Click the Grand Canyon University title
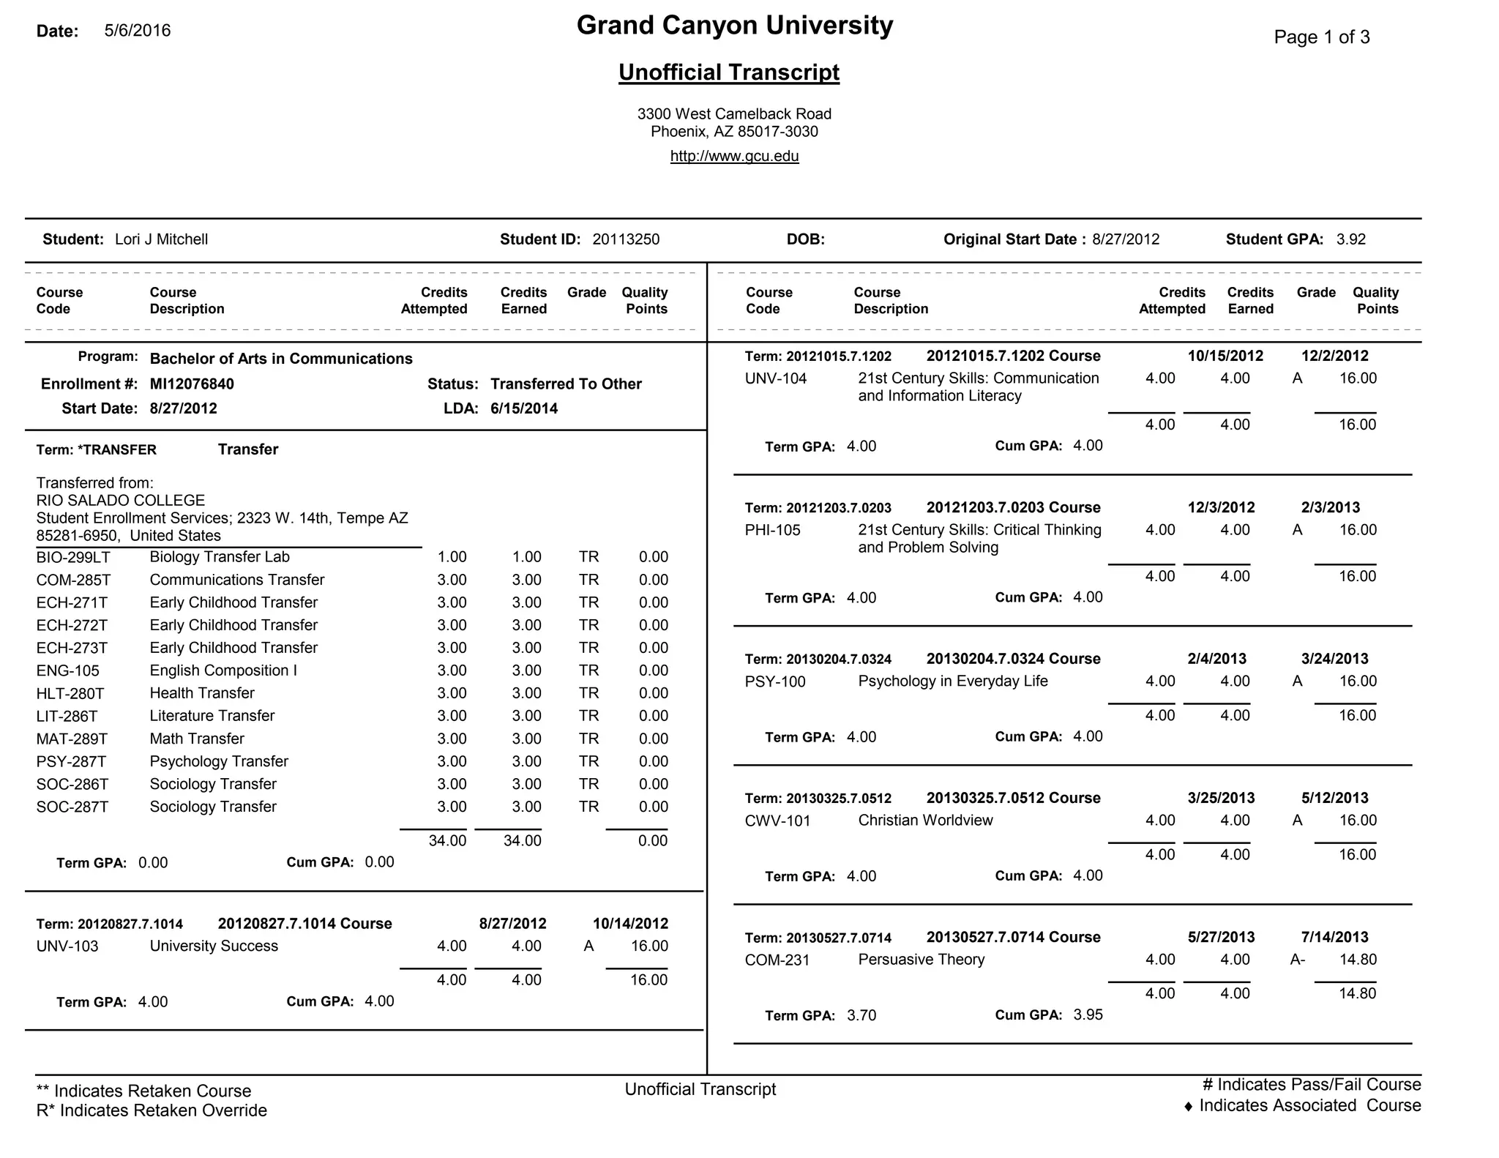[x=734, y=26]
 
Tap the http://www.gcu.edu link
[x=734, y=156]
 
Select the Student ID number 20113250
[x=626, y=239]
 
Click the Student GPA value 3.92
[x=1350, y=239]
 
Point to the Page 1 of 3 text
[x=1321, y=37]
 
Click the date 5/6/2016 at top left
[x=138, y=31]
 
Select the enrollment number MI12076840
[x=192, y=384]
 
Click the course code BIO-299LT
[x=73, y=558]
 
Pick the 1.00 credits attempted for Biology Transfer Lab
[x=452, y=557]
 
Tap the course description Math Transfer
[x=197, y=739]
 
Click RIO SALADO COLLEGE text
[x=121, y=501]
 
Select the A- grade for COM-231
[x=1297, y=960]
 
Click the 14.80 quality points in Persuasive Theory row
[x=1358, y=960]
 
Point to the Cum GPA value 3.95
[x=1088, y=1015]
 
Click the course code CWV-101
[x=777, y=821]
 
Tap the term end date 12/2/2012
[x=1334, y=356]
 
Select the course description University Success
[x=214, y=946]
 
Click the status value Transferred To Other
[x=566, y=384]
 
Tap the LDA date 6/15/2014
[x=524, y=408]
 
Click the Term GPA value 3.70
[x=861, y=1016]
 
